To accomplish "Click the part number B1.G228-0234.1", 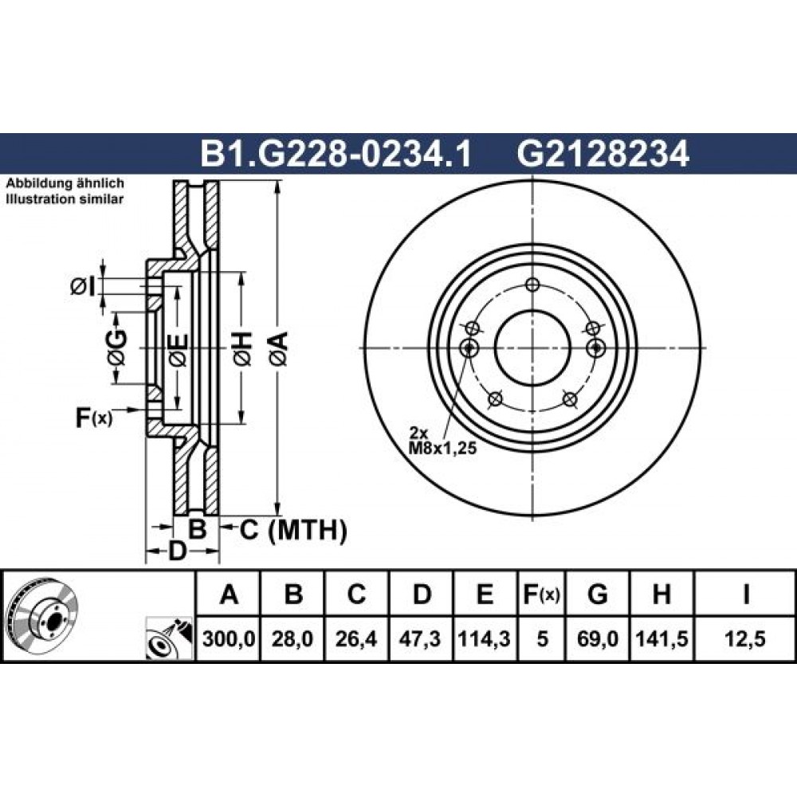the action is [x=336, y=154].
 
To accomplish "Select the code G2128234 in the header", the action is [x=603, y=154].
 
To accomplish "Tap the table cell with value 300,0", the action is [x=228, y=638].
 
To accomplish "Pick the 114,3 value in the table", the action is [x=485, y=638].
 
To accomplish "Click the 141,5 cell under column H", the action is [x=662, y=638].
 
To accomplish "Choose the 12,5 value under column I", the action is [x=746, y=638].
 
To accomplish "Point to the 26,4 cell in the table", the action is [x=356, y=638].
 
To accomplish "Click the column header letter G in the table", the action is [x=597, y=594].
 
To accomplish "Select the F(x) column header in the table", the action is [x=542, y=594].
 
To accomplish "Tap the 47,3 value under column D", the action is [x=421, y=638].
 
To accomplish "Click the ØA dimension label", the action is [x=280, y=349].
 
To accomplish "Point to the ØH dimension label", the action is [x=243, y=349].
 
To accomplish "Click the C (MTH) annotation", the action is [x=293, y=530].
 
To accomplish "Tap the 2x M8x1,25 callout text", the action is [x=442, y=440].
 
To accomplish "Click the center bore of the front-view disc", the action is [x=532, y=348].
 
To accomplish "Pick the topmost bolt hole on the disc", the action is [x=532, y=285].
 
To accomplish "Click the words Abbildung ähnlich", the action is [x=65, y=183].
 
